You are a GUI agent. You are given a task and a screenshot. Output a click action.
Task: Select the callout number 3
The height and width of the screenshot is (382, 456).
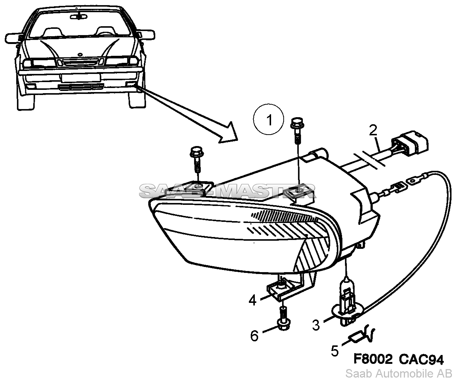coord(315,325)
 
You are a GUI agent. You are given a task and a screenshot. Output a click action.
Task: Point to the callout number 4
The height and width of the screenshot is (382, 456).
coord(253,300)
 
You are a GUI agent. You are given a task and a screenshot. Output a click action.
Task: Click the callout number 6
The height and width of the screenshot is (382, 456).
coord(254,336)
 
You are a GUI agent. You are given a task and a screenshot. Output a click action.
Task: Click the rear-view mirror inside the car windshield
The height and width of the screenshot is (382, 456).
coord(80,16)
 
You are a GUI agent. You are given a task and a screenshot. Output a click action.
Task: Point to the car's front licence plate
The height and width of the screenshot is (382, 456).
coord(80,77)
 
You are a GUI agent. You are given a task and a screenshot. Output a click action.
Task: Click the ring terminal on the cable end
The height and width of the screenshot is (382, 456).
coord(412,181)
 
